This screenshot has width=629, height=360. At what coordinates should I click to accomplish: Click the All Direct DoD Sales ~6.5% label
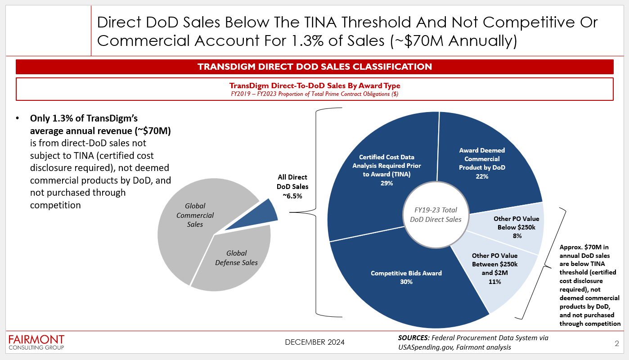point(292,186)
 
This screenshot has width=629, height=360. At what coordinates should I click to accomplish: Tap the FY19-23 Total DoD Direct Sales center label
point(436,215)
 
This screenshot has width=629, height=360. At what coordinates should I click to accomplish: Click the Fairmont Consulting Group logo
point(36,342)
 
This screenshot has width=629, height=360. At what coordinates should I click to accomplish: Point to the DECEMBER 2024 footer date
point(314,342)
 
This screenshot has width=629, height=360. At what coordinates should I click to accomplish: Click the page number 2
point(617,343)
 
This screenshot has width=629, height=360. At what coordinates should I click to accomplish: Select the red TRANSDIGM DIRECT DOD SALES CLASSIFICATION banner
point(314,67)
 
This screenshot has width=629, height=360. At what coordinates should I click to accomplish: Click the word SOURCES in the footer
point(413,338)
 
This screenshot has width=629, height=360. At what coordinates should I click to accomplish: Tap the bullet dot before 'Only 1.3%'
point(18,118)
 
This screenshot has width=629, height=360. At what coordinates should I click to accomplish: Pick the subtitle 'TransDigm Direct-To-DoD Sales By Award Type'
point(314,85)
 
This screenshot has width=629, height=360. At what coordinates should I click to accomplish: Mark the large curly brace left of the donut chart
point(316,212)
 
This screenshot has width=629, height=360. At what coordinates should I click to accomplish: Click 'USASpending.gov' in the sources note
point(426,347)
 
